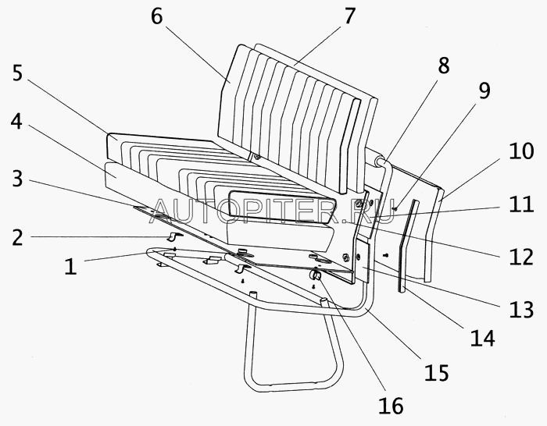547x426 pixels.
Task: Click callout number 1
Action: click(70, 266)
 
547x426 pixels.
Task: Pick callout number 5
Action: click(18, 75)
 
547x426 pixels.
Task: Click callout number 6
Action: click(156, 17)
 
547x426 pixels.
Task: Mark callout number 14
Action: click(483, 339)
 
